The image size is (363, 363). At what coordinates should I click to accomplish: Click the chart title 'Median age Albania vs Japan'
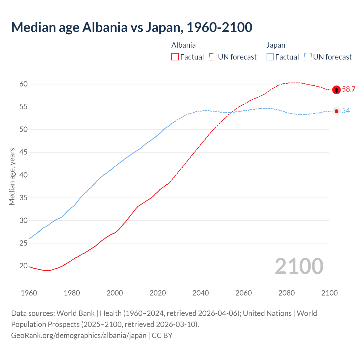tap(132, 27)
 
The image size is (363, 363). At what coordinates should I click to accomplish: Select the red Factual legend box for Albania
tap(175, 57)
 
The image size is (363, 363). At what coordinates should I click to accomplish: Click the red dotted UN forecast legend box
tap(213, 57)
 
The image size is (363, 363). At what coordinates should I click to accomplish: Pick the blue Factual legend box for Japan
tap(270, 57)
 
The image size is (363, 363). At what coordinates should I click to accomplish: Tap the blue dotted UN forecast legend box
tap(308, 57)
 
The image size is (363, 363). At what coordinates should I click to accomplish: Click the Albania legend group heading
tap(183, 45)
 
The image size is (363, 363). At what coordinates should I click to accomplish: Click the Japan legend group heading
tap(276, 45)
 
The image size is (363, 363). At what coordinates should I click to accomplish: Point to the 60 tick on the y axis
tap(24, 84)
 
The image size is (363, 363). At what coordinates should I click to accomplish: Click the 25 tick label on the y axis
tap(24, 243)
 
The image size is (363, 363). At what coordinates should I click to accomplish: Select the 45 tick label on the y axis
tap(24, 152)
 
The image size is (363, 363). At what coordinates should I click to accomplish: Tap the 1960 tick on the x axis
tap(29, 293)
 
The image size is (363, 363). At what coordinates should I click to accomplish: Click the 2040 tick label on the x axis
tap(201, 293)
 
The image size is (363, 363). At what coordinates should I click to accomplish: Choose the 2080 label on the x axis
tap(286, 293)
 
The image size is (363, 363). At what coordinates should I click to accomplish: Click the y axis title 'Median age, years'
tap(12, 176)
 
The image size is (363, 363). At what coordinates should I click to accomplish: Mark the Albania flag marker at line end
tap(336, 90)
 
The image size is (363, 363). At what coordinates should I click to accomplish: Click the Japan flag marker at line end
tap(336, 111)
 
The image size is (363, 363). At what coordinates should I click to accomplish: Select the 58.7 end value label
tap(349, 89)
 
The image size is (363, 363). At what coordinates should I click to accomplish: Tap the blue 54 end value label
tap(346, 111)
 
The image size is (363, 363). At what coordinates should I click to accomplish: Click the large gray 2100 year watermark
tap(299, 266)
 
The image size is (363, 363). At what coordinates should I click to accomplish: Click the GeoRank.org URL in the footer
tap(79, 335)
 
